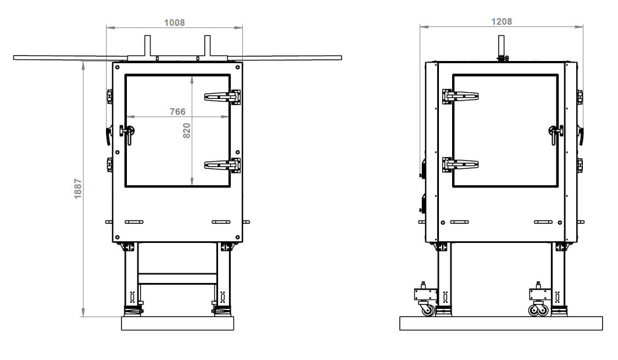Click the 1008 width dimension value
(174, 23)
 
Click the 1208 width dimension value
(502, 21)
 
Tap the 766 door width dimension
(177, 112)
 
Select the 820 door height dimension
(186, 130)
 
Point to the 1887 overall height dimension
(78, 189)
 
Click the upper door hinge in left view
(222, 97)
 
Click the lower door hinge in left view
(222, 165)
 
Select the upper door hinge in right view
(460, 96)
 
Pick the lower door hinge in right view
(460, 164)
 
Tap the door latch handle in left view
(127, 133)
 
